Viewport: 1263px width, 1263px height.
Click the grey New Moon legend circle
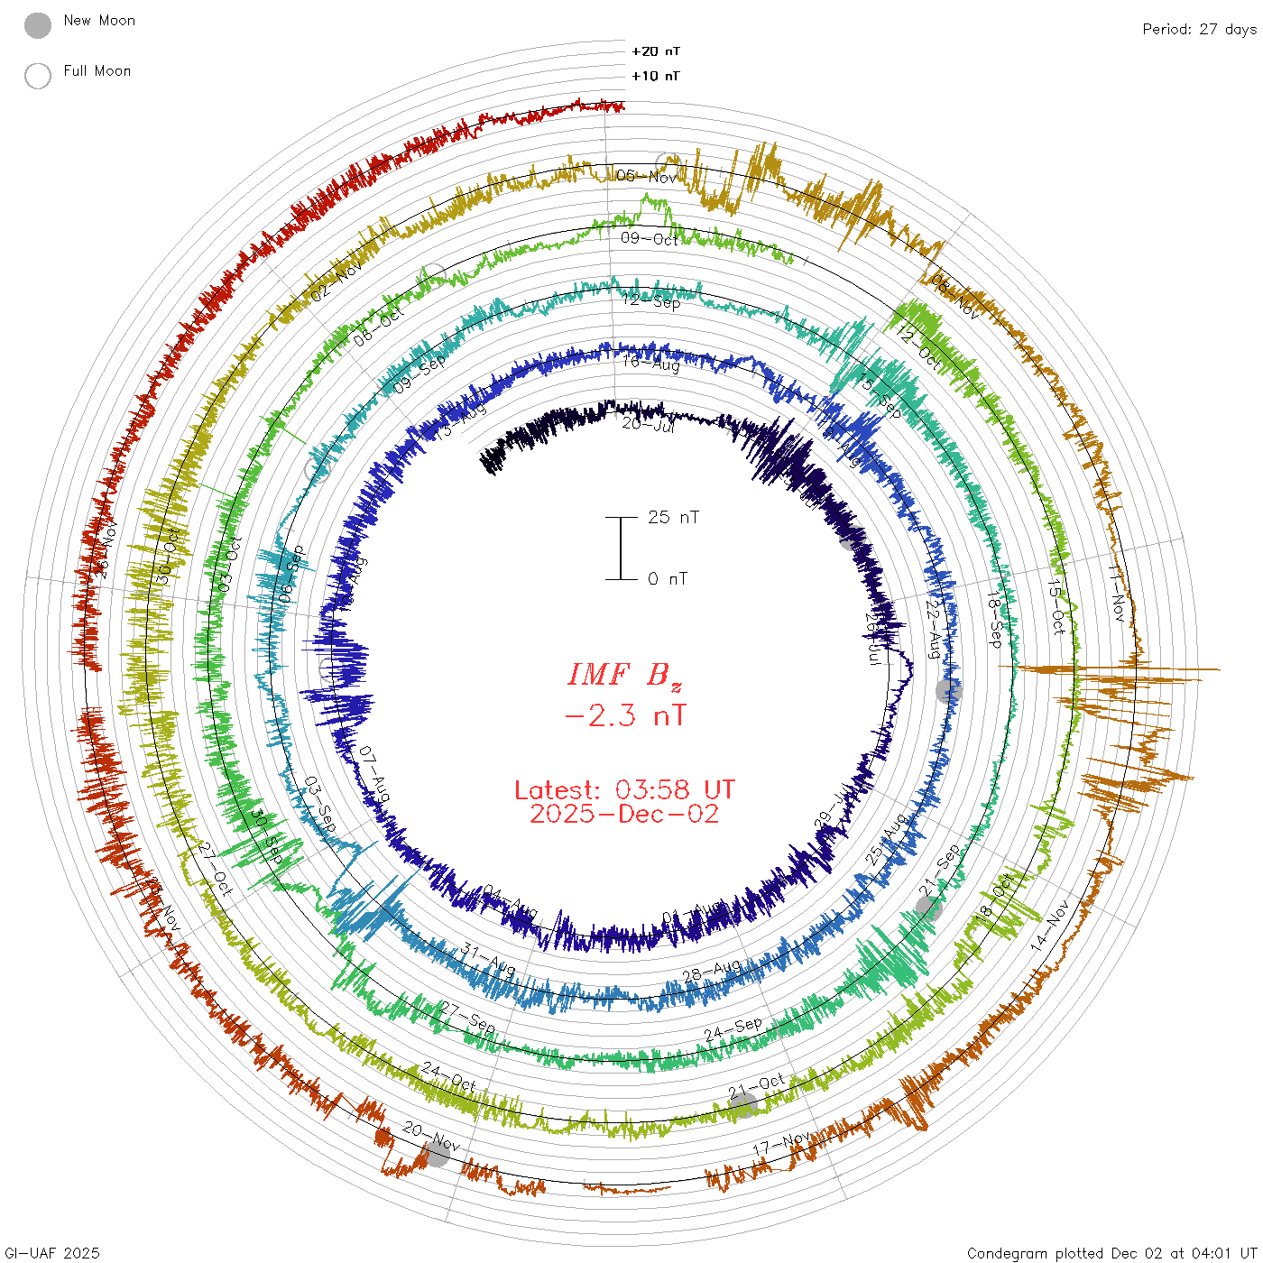point(38,26)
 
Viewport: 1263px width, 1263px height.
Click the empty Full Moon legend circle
point(38,76)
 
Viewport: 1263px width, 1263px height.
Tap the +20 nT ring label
point(656,51)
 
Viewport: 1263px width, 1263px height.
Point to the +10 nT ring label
point(656,76)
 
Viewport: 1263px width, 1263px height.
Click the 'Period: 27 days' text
point(1199,29)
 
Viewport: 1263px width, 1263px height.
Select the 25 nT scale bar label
point(673,517)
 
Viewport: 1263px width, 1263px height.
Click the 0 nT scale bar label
point(668,578)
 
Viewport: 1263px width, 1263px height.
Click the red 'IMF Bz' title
point(624,675)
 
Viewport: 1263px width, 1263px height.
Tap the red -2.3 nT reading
point(624,715)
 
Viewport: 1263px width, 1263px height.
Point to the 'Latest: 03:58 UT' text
point(624,790)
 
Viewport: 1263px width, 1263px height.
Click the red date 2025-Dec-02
point(624,814)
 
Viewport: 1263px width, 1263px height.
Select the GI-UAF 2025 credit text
point(51,1253)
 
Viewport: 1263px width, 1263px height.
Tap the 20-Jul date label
point(648,424)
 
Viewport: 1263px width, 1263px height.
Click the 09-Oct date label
point(650,239)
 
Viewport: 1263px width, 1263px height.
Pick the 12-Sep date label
point(650,301)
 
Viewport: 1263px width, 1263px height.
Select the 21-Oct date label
point(756,1085)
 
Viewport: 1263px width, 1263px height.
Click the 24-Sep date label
point(733,1029)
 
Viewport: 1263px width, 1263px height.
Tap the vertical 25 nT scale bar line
point(621,548)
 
